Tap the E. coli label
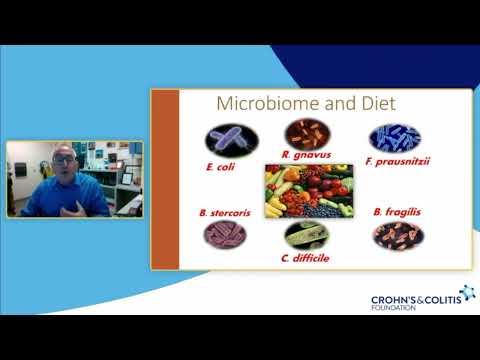[x=219, y=167]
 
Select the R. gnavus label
[x=300, y=155]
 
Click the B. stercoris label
[x=218, y=213]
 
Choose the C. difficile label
[x=304, y=257]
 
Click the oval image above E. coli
[x=231, y=139]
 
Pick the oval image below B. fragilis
[x=398, y=235]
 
